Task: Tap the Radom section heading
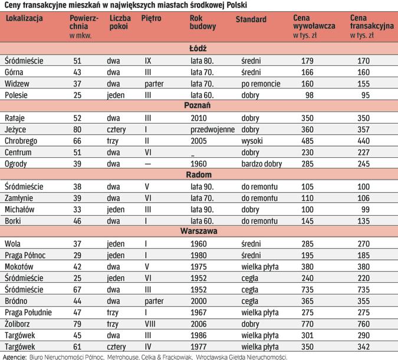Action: (x=198, y=175)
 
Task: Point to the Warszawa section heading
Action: (x=198, y=232)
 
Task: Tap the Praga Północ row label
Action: (x=27, y=255)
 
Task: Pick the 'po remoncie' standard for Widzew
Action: (x=261, y=83)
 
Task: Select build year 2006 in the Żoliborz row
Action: (x=198, y=323)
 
